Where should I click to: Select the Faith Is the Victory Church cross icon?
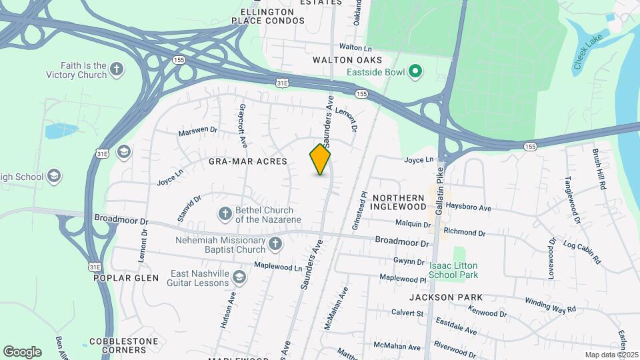[x=117, y=69]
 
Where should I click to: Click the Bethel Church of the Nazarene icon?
[x=225, y=214]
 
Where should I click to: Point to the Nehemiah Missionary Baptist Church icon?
[x=275, y=245]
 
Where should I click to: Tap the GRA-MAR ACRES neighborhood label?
[x=238, y=161]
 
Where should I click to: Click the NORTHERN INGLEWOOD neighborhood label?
[x=399, y=203]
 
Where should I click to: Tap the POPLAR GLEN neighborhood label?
[x=126, y=278]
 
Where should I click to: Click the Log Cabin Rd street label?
[x=582, y=248]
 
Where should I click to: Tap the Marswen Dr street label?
[x=198, y=131]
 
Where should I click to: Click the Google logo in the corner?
[x=22, y=352]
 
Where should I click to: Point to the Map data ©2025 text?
[x=611, y=355]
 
